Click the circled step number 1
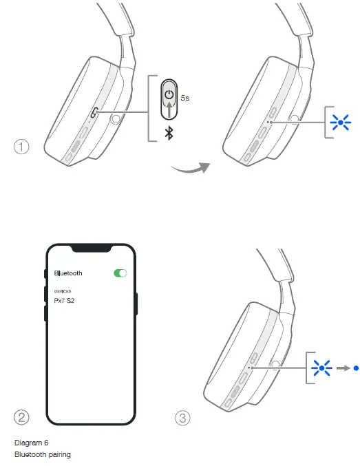click(x=23, y=147)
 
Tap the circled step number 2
click(x=23, y=417)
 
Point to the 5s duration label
click(x=185, y=98)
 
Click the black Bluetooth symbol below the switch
click(x=168, y=133)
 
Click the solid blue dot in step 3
click(x=355, y=368)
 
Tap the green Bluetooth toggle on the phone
click(x=120, y=273)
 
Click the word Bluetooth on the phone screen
click(x=68, y=273)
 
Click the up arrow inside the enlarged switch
click(x=169, y=110)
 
